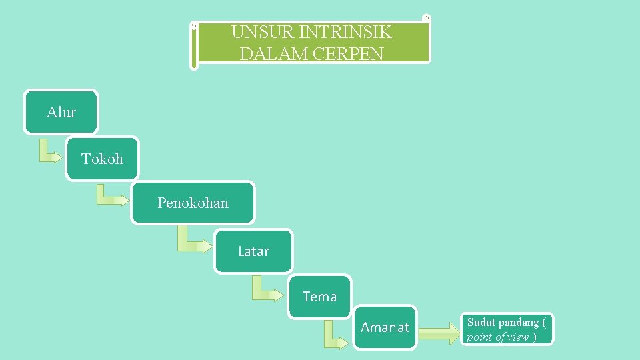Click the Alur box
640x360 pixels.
pyautogui.click(x=61, y=112)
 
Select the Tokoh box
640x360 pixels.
pyautogui.click(x=102, y=159)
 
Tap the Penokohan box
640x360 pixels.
pyautogui.click(x=193, y=203)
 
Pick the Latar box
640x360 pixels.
pyautogui.click(x=253, y=251)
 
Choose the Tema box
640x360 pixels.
pyautogui.click(x=319, y=297)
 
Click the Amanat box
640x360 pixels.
pyautogui.click(x=385, y=327)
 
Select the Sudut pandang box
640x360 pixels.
pyautogui.click(x=507, y=329)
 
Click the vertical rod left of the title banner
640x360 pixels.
pyautogui.click(x=193, y=45)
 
